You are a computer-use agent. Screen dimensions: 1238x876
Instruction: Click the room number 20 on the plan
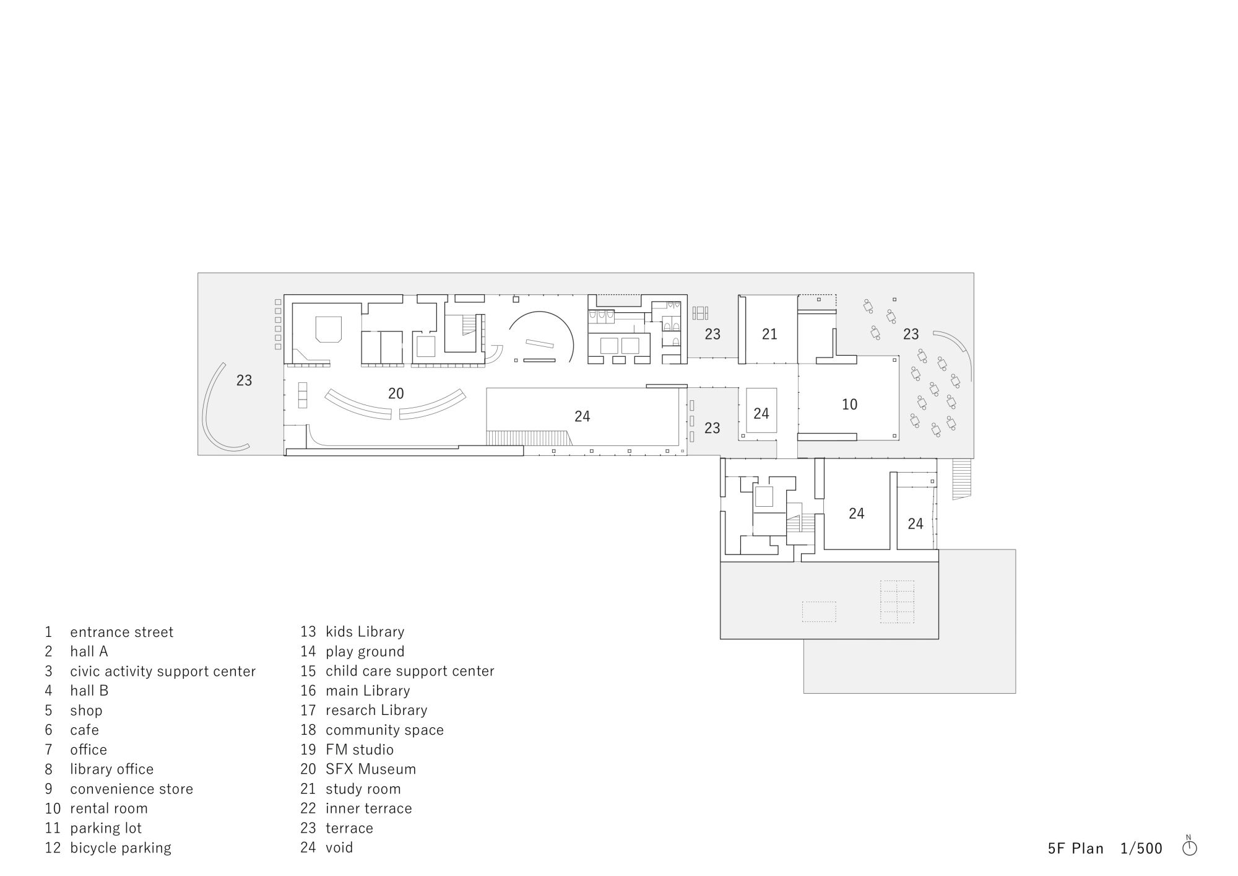(x=396, y=393)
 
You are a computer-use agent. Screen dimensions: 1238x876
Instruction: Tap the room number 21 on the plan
(x=769, y=335)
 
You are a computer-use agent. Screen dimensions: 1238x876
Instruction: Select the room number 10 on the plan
(x=850, y=405)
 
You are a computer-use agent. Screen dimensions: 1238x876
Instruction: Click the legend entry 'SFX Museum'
(x=371, y=769)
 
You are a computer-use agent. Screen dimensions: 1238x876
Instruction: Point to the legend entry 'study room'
(x=363, y=789)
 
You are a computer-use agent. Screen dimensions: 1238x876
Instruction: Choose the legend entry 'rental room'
(x=109, y=808)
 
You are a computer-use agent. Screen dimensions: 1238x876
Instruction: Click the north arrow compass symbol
(x=1189, y=847)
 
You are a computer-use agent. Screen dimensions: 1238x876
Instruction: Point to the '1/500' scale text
(x=1141, y=848)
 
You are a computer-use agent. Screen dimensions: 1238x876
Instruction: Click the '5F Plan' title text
(x=1076, y=848)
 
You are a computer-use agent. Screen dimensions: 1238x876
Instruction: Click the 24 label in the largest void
(x=582, y=416)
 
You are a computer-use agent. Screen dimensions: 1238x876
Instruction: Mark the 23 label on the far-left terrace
(x=244, y=380)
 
